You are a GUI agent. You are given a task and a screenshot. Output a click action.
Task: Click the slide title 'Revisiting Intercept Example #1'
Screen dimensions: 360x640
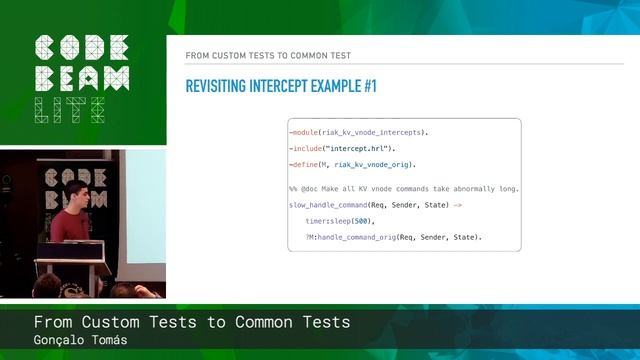tap(281, 86)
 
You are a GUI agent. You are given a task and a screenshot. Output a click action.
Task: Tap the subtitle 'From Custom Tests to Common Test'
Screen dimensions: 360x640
tap(268, 55)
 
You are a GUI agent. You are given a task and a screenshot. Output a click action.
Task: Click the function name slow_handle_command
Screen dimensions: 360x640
tap(328, 204)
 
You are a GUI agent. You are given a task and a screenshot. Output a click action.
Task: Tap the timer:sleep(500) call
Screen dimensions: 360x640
tap(339, 220)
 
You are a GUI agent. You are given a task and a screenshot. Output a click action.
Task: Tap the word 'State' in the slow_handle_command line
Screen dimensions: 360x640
tap(433, 204)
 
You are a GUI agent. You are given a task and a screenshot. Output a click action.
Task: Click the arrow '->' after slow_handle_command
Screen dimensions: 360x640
tap(458, 204)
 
